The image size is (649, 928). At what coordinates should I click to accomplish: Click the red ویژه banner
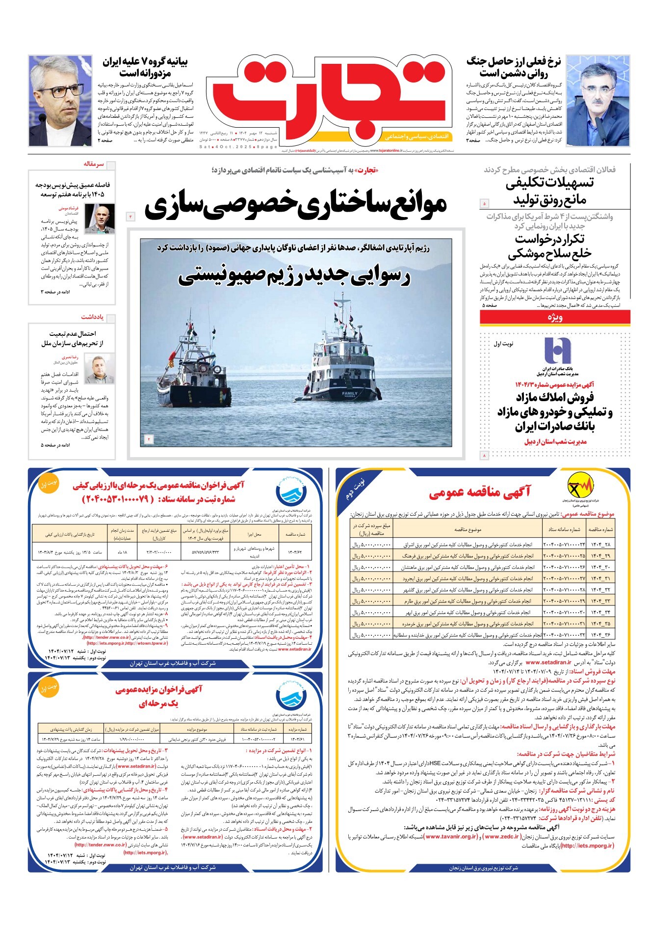click(554, 318)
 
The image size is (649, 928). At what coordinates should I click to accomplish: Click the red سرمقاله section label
click(94, 164)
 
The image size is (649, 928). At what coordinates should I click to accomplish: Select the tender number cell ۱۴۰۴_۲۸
click(600, 544)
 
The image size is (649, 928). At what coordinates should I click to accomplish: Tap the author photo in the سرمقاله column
click(100, 218)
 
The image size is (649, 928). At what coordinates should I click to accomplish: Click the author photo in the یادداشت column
click(99, 369)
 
